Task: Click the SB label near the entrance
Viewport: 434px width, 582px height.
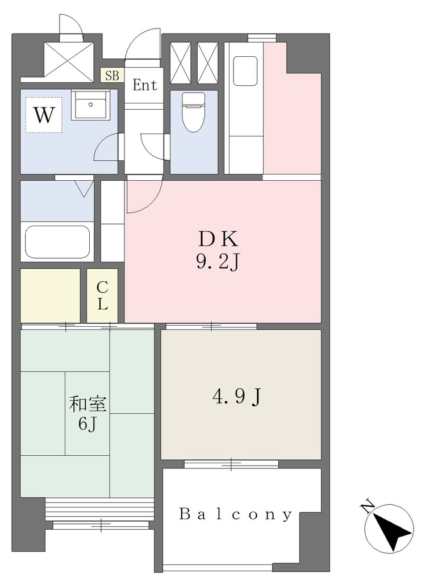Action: coord(112,76)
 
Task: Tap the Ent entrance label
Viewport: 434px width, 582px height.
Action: coord(145,85)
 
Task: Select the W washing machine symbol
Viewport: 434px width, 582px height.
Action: coord(44,115)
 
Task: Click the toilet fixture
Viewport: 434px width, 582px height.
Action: coord(193,112)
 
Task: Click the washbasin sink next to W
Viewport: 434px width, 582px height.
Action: coord(90,105)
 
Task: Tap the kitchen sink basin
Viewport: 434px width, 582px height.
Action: coord(245,70)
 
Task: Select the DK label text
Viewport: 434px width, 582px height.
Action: coord(219,239)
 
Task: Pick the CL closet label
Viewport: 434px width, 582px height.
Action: coord(102,296)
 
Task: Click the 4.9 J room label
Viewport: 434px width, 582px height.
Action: coord(237,397)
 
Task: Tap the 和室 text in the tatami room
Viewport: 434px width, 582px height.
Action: coord(87,405)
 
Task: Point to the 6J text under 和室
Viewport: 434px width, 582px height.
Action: coord(87,423)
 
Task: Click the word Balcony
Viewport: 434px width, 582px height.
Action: coord(236,514)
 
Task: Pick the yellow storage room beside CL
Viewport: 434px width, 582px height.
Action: coord(50,296)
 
